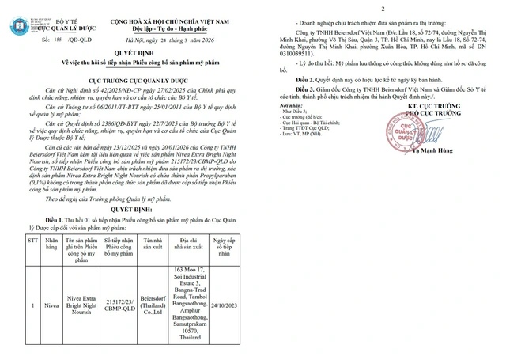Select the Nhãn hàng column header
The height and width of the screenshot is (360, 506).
pyautogui.click(x=52, y=244)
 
